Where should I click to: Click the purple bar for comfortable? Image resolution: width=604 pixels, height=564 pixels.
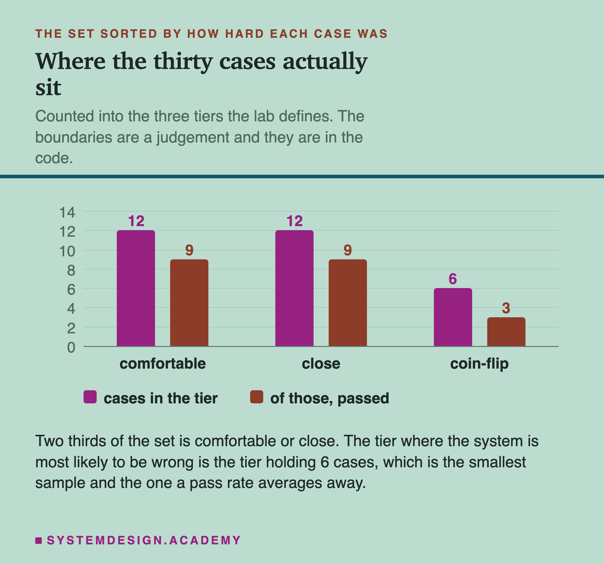pyautogui.click(x=136, y=288)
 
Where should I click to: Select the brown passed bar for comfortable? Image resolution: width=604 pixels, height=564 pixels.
pyautogui.click(x=189, y=303)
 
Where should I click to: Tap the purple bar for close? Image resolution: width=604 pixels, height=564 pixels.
pyautogui.click(x=294, y=288)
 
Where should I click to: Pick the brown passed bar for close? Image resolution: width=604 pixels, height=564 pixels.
pyautogui.click(x=348, y=303)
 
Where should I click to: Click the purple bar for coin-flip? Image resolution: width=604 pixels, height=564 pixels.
pyautogui.click(x=453, y=317)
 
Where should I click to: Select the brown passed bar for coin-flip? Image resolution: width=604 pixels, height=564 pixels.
pyautogui.click(x=506, y=332)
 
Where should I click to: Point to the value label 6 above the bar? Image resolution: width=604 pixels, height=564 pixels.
pyautogui.click(x=453, y=279)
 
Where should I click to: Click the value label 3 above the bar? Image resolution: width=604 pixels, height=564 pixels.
pyautogui.click(x=506, y=308)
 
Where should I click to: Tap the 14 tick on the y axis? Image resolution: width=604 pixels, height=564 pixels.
pyautogui.click(x=67, y=212)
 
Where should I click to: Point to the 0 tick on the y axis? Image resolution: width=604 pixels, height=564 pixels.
pyautogui.click(x=71, y=347)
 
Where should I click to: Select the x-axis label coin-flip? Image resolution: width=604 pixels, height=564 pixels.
pyautogui.click(x=479, y=364)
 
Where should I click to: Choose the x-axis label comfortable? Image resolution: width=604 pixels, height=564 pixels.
pyautogui.click(x=163, y=364)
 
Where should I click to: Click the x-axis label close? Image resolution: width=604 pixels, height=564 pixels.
pyautogui.click(x=321, y=364)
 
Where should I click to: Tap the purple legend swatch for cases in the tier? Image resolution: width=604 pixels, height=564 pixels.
pyautogui.click(x=90, y=397)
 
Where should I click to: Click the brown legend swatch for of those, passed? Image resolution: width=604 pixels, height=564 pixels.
pyautogui.click(x=257, y=397)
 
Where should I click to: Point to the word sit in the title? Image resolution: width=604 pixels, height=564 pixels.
pyautogui.click(x=48, y=87)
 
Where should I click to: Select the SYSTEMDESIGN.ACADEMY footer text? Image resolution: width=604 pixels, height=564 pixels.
pyautogui.click(x=144, y=540)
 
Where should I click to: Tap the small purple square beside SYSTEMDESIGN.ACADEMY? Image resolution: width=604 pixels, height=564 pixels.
pyautogui.click(x=39, y=541)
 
